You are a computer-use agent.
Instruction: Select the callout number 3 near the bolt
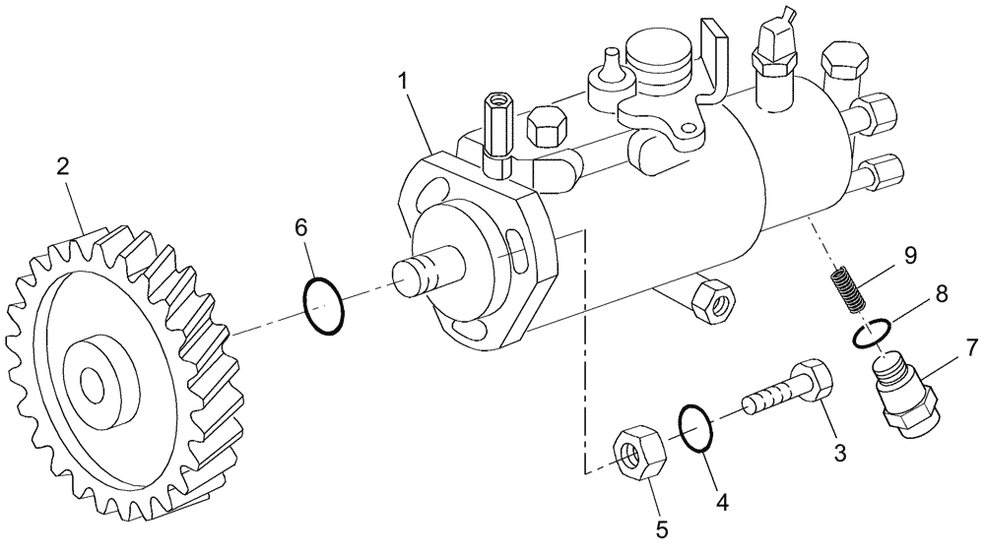pyautogui.click(x=840, y=453)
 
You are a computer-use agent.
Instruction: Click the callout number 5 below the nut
pyautogui.click(x=661, y=529)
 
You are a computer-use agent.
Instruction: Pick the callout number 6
pyautogui.click(x=301, y=227)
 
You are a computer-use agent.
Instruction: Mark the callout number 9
pyautogui.click(x=909, y=256)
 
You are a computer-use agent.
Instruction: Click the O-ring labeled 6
pyautogui.click(x=324, y=306)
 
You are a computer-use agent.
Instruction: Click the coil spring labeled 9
pyautogui.click(x=843, y=288)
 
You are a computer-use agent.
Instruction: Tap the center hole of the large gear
pyautogui.click(x=92, y=385)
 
